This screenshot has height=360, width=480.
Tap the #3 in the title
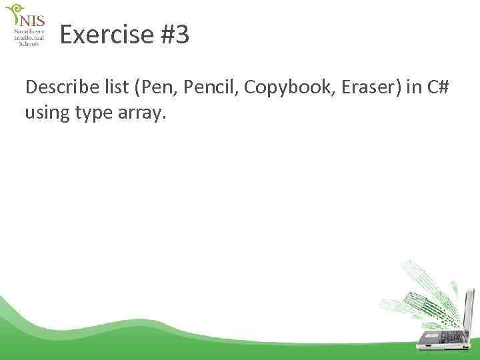pyautogui.click(x=175, y=35)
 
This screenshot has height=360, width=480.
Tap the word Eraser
pyautogui.click(x=356, y=88)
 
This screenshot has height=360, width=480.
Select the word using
pyautogui.click(x=47, y=114)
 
